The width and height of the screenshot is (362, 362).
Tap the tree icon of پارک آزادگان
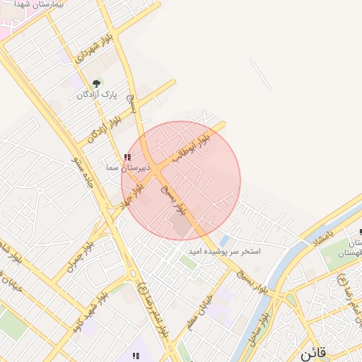pos(97,83)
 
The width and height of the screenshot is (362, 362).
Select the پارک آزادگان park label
pos(96,94)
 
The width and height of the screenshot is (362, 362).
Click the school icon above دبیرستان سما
pos(127,157)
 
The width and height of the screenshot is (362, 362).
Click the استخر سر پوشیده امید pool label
pos(224,251)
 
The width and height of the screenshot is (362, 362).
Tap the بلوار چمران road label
pos(81,257)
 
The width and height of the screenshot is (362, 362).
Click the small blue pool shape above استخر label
pos(224,240)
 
